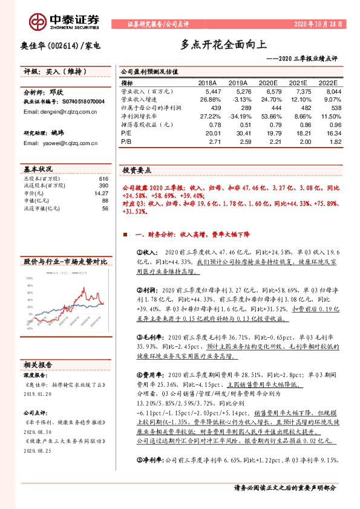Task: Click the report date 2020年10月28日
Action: pos(322,24)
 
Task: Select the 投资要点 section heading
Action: pos(137,170)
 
